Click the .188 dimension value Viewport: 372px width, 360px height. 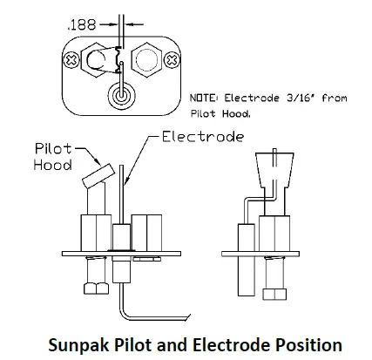pos(81,25)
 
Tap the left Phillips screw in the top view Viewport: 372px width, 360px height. pos(71,60)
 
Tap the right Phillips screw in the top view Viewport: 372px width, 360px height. pos(172,60)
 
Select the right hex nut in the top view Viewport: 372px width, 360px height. pos(146,60)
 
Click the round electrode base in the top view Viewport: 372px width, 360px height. pos(122,95)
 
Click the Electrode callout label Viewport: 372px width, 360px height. pos(203,137)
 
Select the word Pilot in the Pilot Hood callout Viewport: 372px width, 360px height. pos(53,149)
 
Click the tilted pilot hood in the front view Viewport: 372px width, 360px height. pos(98,176)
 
